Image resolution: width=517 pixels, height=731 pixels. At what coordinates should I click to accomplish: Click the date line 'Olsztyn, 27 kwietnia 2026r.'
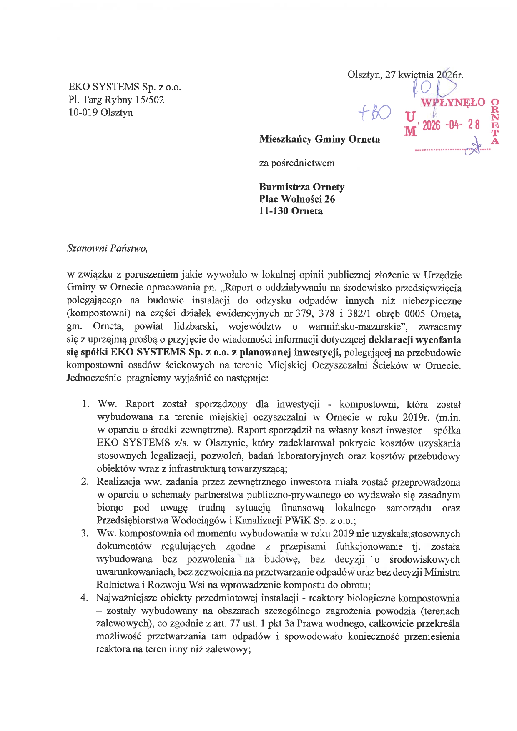[x=405, y=75]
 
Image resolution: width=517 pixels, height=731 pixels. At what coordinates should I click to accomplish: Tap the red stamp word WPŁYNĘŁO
[x=453, y=103]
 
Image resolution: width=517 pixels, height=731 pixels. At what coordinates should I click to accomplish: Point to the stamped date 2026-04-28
[x=451, y=125]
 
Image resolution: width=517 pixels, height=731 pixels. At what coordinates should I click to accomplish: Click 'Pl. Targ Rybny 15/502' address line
[x=116, y=100]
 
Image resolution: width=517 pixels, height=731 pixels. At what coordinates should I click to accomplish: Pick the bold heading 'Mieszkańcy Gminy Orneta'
[x=319, y=139]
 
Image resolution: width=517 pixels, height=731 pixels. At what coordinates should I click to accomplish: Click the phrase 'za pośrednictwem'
[x=297, y=163]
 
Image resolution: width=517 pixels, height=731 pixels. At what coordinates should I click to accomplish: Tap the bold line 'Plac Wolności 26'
[x=297, y=199]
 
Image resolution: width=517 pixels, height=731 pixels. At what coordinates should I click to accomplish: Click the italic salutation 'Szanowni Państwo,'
[x=107, y=248]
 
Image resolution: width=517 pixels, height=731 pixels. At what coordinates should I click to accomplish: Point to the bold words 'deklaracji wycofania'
[x=415, y=340]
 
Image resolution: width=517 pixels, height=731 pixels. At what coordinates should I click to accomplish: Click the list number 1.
[x=85, y=404]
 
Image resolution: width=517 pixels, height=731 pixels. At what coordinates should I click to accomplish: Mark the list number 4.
[x=85, y=598]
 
